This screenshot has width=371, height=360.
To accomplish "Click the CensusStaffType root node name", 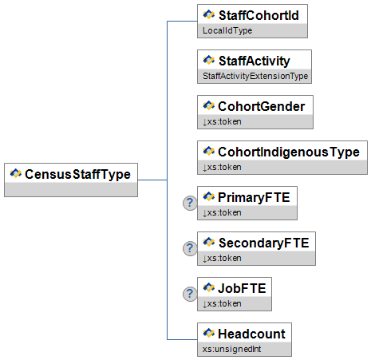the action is (77, 175).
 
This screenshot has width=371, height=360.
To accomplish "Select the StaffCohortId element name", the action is (259, 15).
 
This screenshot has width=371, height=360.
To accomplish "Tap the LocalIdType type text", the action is (227, 30).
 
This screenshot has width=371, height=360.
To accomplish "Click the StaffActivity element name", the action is (255, 61).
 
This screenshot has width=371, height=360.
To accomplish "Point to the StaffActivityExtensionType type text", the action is (255, 76).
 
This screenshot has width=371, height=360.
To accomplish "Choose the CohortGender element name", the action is (262, 106).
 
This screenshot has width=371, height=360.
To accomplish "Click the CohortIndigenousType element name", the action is (289, 152).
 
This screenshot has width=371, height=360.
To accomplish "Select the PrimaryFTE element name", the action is (254, 197).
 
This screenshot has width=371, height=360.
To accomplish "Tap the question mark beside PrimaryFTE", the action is (190, 203).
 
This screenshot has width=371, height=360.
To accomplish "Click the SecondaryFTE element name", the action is (263, 243).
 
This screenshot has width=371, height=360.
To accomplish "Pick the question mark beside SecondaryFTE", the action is (190, 248).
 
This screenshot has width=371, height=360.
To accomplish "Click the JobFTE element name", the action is (242, 288).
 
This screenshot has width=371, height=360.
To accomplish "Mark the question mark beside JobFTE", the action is (190, 294).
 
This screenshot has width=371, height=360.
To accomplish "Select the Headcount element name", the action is (251, 334).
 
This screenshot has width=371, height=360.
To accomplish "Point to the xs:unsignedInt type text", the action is (231, 349).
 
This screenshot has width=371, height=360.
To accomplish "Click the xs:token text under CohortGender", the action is (222, 121).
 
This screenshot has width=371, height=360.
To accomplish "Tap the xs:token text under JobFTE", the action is (222, 303).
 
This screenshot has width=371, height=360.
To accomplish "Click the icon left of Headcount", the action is (209, 333).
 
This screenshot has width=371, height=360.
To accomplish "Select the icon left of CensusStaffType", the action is (16, 173).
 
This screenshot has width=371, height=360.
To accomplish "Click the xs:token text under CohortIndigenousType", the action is (222, 167).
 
